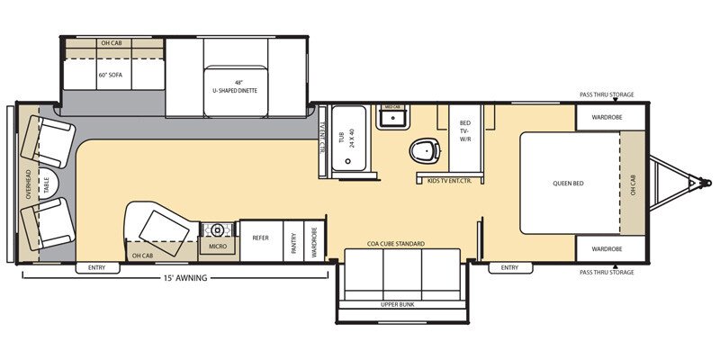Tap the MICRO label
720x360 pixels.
point(217,245)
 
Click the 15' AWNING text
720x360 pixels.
point(187,278)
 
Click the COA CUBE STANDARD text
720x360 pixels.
point(395,244)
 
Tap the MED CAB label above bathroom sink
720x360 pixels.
point(392,107)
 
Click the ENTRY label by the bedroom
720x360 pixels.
point(509,267)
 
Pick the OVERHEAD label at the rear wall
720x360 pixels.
point(29,184)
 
